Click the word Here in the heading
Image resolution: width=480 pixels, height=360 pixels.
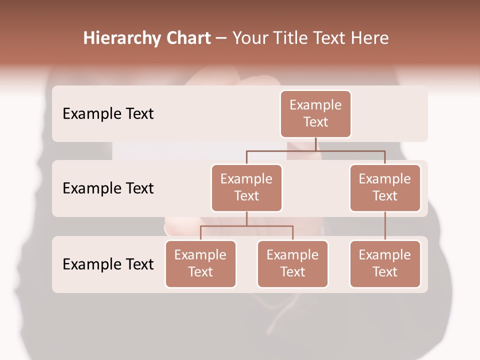369,38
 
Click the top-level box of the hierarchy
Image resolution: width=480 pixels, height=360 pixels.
315,114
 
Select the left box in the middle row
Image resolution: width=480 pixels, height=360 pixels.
246,188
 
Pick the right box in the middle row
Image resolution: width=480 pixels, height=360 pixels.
385,188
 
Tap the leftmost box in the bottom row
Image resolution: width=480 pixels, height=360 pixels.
200,264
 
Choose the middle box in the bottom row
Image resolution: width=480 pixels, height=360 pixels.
292,264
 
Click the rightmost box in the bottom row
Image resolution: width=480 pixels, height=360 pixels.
385,264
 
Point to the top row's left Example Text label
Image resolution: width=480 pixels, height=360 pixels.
108,114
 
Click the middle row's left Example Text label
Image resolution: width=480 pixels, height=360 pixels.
108,188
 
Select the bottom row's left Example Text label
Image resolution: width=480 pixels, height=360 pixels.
108,264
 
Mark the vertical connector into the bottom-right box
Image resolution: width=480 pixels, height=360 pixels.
385,226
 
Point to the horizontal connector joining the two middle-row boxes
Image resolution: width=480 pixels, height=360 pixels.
315,150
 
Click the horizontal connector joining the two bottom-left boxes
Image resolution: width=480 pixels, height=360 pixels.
246,226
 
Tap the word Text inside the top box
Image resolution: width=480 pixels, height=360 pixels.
315,122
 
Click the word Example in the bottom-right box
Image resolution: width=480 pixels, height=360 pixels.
385,255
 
